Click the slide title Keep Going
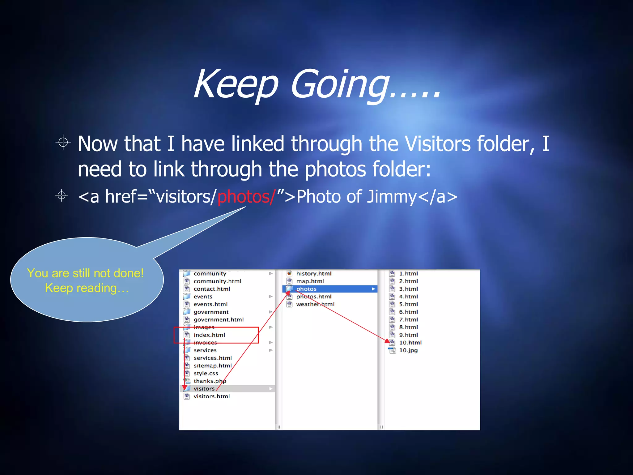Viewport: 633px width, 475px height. (x=317, y=84)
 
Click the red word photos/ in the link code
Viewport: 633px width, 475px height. (x=246, y=197)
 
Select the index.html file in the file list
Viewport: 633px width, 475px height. (x=209, y=335)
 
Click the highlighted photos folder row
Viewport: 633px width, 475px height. (x=329, y=289)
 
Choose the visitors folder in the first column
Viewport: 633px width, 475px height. (x=204, y=389)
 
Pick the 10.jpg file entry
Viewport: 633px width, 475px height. (x=408, y=350)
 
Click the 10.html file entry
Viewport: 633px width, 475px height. (x=410, y=343)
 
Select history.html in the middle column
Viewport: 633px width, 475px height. (x=313, y=274)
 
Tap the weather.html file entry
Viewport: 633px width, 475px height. (x=315, y=304)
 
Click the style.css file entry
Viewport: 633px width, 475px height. (x=206, y=373)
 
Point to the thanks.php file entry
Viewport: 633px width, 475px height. (x=210, y=381)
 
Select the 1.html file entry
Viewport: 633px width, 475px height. (x=408, y=274)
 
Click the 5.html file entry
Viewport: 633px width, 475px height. (x=408, y=304)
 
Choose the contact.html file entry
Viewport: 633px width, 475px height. (x=212, y=289)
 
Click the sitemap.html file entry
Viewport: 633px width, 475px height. (x=212, y=366)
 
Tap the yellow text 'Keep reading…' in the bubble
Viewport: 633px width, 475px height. (x=87, y=288)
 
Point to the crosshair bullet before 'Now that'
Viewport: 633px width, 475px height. (x=63, y=143)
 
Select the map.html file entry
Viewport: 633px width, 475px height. (x=310, y=281)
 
